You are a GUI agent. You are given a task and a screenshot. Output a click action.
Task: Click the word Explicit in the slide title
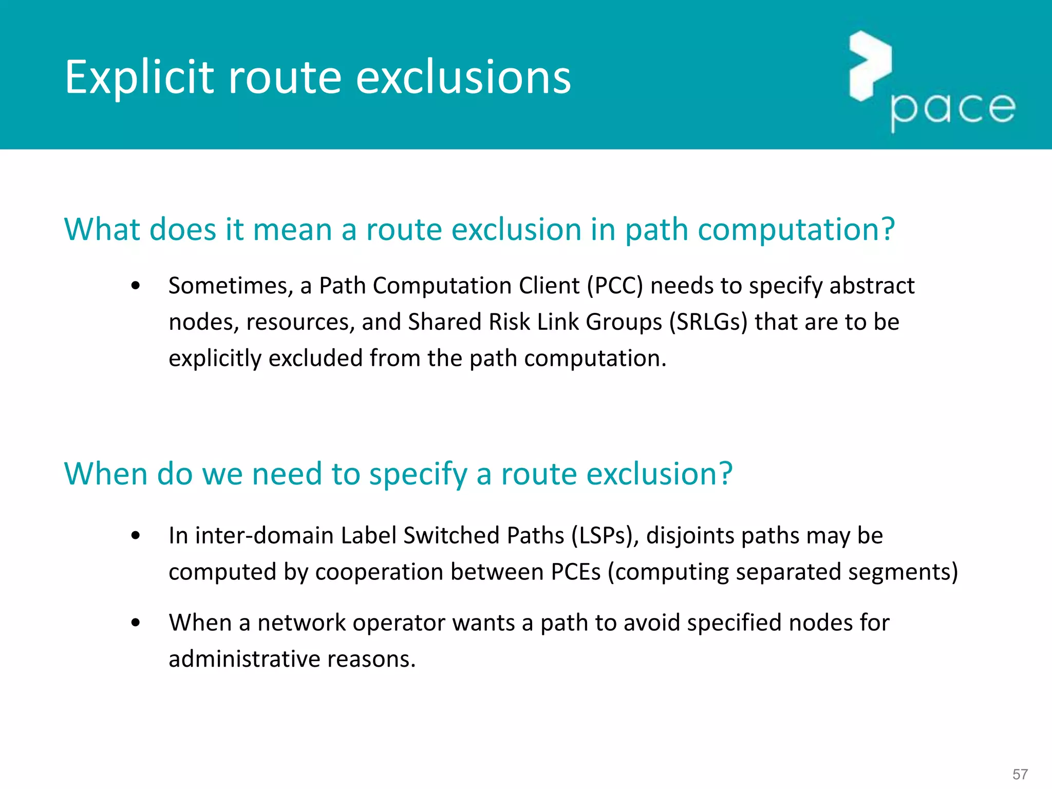click(x=139, y=78)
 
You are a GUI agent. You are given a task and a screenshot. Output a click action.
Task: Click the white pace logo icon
click(x=870, y=65)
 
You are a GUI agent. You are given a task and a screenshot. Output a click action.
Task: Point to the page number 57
click(x=1020, y=774)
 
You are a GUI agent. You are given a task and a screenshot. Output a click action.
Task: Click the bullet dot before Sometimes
click(x=136, y=286)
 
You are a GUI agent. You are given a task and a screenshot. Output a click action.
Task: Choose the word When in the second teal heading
click(x=106, y=474)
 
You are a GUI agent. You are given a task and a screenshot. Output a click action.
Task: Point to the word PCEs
click(x=575, y=572)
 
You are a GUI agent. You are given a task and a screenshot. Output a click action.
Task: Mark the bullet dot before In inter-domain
click(x=136, y=536)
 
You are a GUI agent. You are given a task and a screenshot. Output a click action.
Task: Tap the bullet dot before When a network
click(x=136, y=623)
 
